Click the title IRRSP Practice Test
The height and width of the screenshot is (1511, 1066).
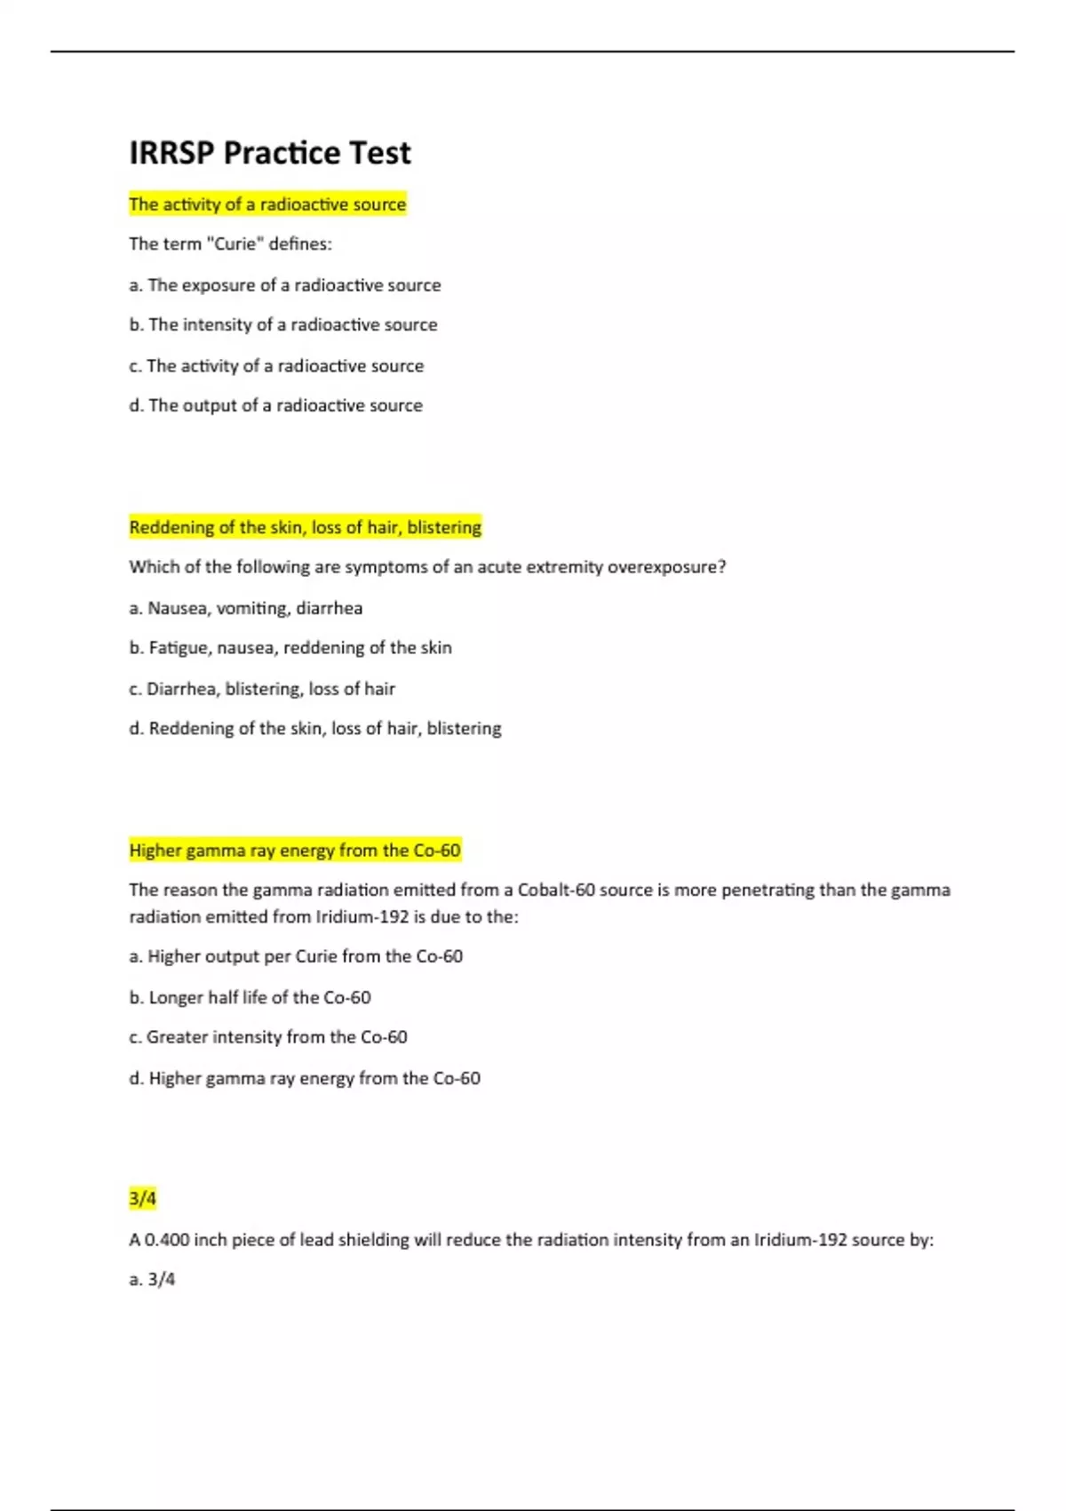(269, 153)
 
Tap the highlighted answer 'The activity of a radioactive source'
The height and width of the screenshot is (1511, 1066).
(267, 204)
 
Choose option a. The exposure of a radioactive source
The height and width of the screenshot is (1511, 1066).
(284, 285)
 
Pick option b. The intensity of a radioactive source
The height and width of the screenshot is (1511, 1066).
(282, 325)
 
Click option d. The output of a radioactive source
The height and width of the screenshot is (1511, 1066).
(275, 406)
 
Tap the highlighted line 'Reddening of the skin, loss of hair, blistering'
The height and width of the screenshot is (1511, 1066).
(305, 528)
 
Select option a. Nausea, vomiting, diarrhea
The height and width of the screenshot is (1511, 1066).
(245, 609)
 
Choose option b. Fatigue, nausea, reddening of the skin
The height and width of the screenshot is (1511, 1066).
(290, 648)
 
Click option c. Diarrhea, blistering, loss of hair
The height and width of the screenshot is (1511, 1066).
(261, 689)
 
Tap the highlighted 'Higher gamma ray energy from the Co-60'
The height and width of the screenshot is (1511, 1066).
(295, 851)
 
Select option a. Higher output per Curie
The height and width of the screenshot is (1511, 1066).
(295, 957)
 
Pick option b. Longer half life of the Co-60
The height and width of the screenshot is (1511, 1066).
(250, 998)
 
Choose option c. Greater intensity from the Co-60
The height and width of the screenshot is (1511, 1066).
(267, 1037)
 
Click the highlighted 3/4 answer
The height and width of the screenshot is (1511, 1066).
(142, 1199)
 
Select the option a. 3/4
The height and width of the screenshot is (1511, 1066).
(152, 1280)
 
